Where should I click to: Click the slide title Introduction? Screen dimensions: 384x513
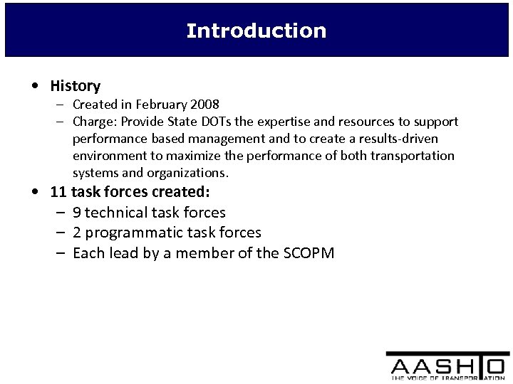[x=256, y=31]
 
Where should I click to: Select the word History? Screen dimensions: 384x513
[x=75, y=86]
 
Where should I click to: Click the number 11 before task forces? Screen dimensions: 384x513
[x=58, y=192]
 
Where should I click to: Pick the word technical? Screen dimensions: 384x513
[x=122, y=212]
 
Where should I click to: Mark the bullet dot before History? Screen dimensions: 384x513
[x=36, y=87]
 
